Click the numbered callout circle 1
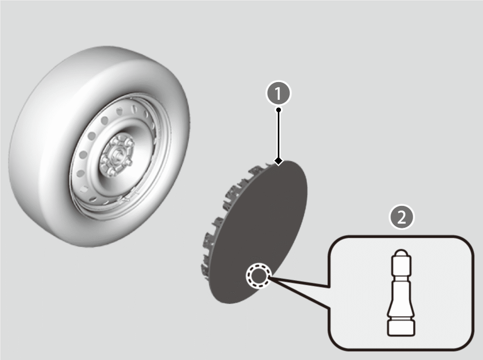(x=278, y=93)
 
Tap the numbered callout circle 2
(x=402, y=217)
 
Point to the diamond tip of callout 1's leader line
(x=278, y=161)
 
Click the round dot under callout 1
(x=278, y=110)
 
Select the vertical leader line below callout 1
(x=278, y=135)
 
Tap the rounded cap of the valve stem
(x=401, y=253)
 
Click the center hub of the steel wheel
(x=117, y=154)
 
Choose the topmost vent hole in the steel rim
(x=134, y=109)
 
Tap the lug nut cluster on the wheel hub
(x=117, y=154)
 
